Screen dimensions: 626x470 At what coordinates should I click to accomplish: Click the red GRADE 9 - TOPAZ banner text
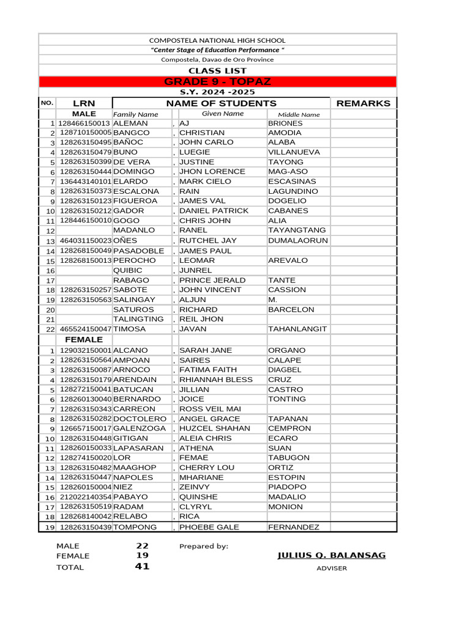click(x=217, y=82)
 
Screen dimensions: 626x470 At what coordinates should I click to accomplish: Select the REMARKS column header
click(x=363, y=103)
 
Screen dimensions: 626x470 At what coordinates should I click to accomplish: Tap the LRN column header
click(x=84, y=103)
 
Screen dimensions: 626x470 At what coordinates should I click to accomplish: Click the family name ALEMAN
click(x=130, y=123)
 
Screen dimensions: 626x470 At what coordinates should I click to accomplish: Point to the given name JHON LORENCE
click(x=212, y=172)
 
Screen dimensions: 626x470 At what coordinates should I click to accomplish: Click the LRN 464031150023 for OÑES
click(x=86, y=241)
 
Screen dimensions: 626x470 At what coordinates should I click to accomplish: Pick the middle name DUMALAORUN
click(x=298, y=241)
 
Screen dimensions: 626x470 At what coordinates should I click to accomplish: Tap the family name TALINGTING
click(x=138, y=319)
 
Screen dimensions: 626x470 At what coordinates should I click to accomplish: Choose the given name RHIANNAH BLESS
click(x=215, y=380)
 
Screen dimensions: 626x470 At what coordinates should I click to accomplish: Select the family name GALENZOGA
click(x=140, y=429)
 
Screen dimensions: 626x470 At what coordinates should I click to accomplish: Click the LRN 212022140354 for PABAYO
click(x=86, y=497)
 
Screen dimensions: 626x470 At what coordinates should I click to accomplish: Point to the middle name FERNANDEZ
click(x=294, y=527)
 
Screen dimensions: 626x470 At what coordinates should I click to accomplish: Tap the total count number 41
click(x=142, y=567)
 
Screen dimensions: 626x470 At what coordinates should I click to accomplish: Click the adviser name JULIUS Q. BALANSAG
click(x=332, y=555)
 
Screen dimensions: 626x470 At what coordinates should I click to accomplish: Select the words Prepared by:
click(x=204, y=546)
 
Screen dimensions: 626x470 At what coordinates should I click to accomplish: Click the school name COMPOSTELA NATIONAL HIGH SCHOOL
click(x=217, y=40)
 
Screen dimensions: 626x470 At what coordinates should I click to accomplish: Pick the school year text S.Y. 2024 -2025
click(x=217, y=92)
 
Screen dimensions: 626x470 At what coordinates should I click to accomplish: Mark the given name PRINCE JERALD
click(x=212, y=280)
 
